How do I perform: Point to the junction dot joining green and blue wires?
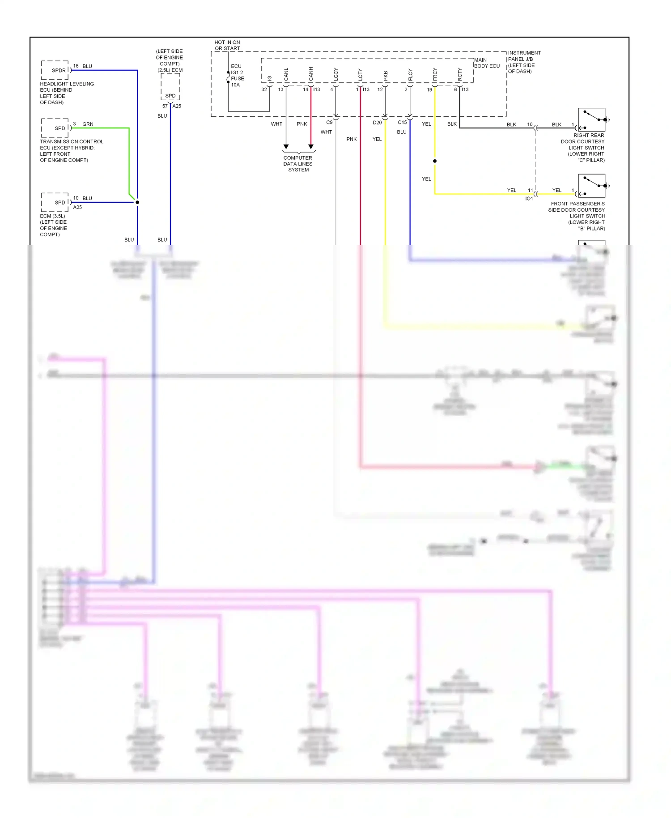coord(137,202)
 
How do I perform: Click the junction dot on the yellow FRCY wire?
coord(435,161)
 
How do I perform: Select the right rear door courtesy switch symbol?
coord(591,119)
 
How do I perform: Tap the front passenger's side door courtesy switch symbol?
coord(591,186)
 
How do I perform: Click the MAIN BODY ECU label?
coord(487,63)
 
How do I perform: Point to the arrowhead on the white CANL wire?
coord(286,147)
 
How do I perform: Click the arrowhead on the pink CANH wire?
coord(311,147)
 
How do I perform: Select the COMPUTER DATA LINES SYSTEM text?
coord(298,164)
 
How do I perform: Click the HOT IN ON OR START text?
coord(227,45)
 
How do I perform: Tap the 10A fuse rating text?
coord(235,85)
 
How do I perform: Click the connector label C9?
coord(329,122)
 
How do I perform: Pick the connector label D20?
coord(377,123)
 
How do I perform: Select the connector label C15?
coord(402,122)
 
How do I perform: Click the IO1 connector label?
coord(529,199)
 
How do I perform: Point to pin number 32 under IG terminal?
coord(264,89)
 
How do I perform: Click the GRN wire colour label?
coord(88,124)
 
